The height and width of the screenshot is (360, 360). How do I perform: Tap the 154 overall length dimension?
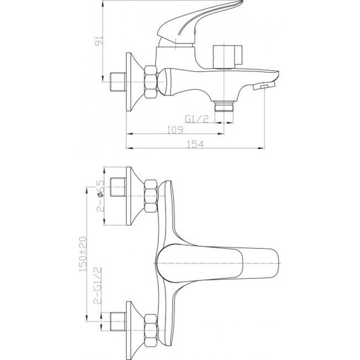(196, 145)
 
